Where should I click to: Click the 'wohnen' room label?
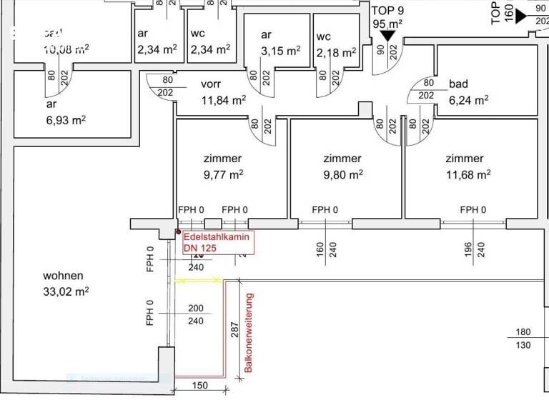(63, 276)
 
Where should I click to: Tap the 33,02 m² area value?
(65, 291)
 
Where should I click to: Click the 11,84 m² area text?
(223, 100)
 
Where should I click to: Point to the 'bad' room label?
(458, 84)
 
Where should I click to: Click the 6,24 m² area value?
(469, 100)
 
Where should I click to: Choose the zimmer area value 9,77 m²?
(222, 174)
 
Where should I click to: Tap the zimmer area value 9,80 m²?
(342, 174)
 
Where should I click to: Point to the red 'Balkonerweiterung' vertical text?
(249, 332)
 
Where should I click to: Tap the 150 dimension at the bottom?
(199, 386)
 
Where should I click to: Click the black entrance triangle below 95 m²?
(388, 36)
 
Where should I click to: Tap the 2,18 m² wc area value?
(335, 53)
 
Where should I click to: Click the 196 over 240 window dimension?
(475, 249)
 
